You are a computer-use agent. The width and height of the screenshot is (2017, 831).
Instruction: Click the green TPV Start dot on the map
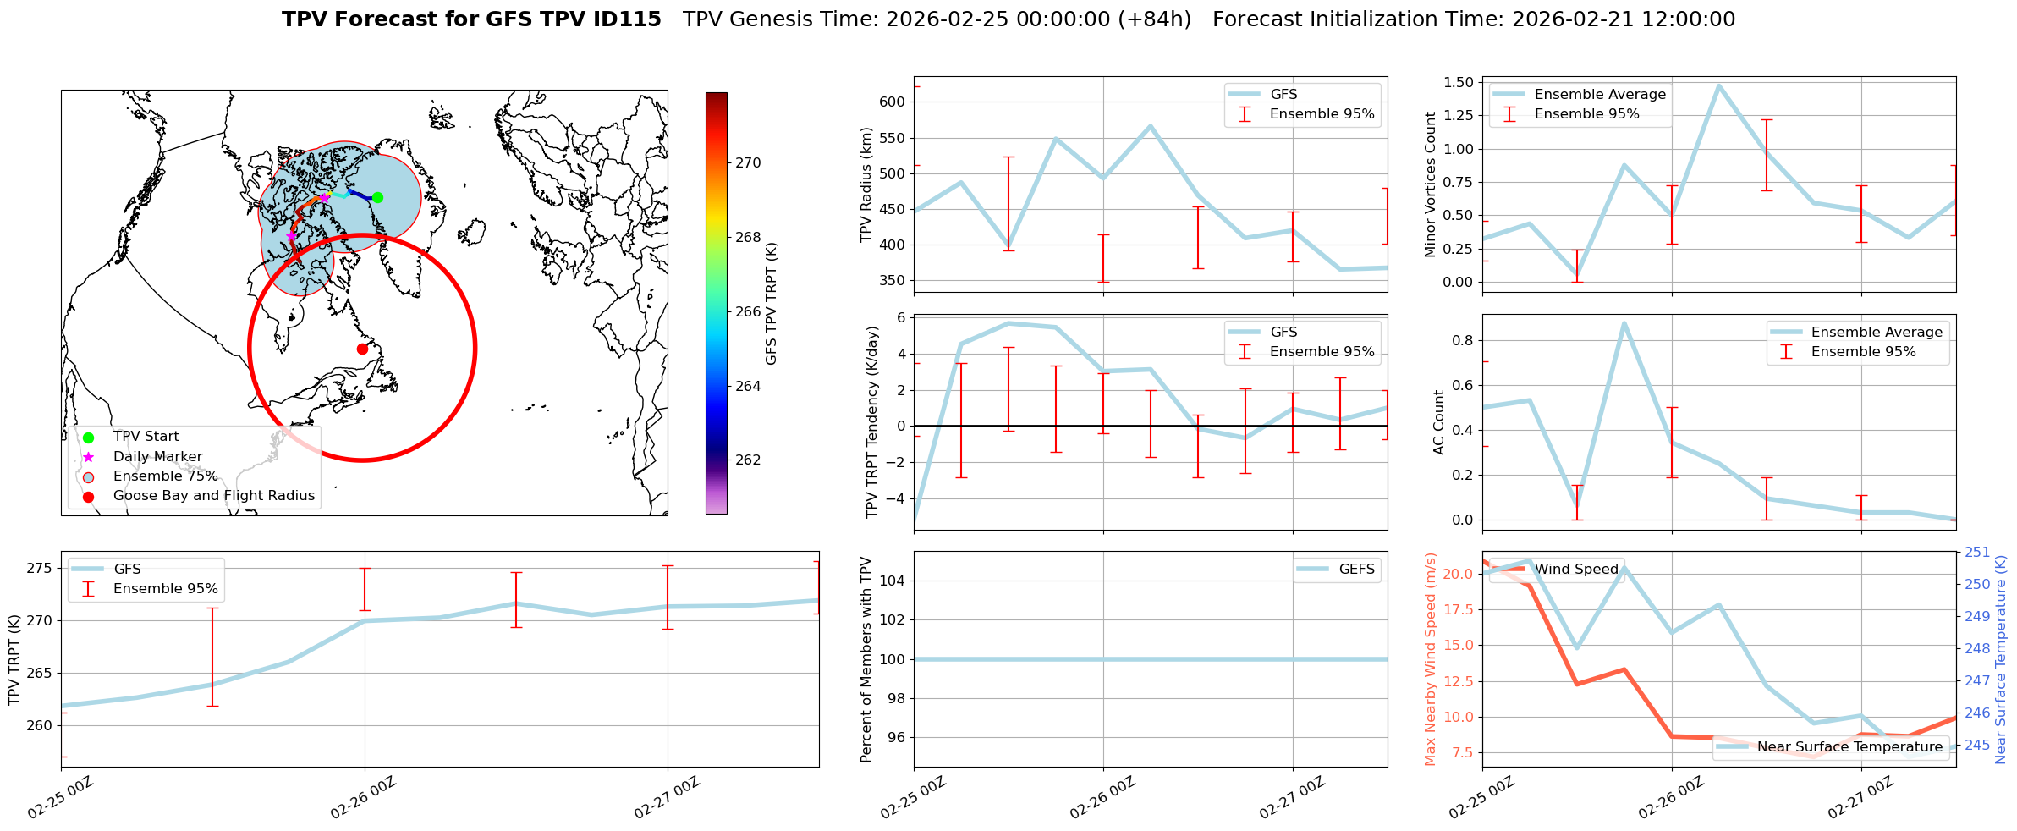pos(377,197)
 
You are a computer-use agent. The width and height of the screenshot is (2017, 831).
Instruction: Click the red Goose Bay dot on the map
pos(362,349)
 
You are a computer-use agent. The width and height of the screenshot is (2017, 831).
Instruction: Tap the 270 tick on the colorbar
pos(748,162)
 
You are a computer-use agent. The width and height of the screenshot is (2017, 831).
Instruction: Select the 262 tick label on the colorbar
pos(748,460)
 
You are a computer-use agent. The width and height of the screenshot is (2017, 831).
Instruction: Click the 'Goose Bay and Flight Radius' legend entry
pos(213,496)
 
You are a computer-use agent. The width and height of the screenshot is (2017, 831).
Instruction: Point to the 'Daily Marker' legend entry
pos(157,457)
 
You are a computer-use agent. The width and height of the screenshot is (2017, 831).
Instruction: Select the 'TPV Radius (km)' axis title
pos(866,184)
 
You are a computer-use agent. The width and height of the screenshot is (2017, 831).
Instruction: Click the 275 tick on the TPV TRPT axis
pos(39,568)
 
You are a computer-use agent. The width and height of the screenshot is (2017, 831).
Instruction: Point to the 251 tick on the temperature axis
pos(1977,553)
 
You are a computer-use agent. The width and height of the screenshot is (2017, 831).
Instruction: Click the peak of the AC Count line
pos(1624,323)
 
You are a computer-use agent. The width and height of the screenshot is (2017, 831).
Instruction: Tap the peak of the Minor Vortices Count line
pos(1719,85)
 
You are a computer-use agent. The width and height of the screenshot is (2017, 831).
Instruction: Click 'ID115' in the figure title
pos(628,19)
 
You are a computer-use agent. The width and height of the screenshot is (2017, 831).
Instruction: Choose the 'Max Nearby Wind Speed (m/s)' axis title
pos(1431,658)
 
